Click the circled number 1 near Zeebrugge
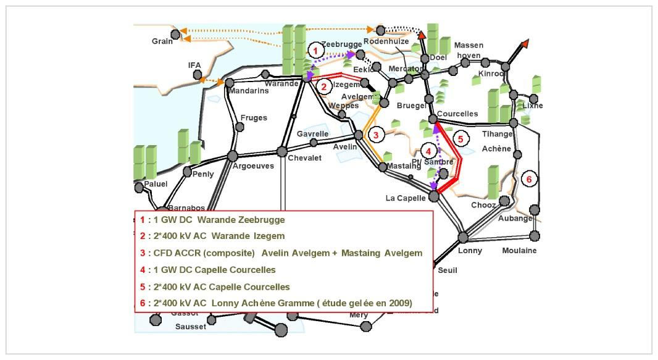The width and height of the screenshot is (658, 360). point(315,50)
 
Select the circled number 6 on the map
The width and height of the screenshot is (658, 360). point(528,179)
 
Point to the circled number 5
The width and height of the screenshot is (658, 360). point(459,138)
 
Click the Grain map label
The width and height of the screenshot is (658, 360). point(162,41)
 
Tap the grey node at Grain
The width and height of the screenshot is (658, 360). point(175,33)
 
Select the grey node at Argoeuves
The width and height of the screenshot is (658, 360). point(233,156)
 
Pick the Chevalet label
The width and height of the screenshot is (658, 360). point(305,158)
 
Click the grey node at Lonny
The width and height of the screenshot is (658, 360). point(463,237)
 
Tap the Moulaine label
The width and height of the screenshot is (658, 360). point(519,250)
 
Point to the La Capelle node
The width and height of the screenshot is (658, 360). point(434,196)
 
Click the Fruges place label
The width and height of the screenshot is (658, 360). point(253,117)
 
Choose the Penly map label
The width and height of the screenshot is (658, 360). point(203,174)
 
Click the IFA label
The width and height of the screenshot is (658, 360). point(194,65)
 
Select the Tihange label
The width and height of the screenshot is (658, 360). point(498,134)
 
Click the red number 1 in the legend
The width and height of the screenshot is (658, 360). point(142,219)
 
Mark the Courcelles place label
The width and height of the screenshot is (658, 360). point(457,114)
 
